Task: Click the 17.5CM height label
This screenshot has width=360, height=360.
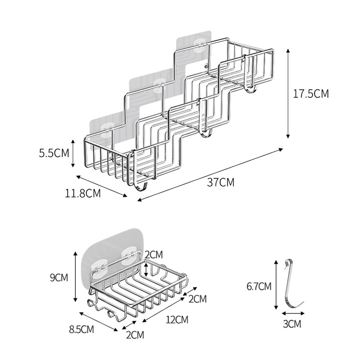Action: pyautogui.click(x=311, y=94)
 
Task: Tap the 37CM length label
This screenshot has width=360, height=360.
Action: pyautogui.click(x=221, y=182)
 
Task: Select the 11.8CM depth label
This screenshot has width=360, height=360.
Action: pyautogui.click(x=83, y=193)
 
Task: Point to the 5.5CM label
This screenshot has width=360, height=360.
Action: pyautogui.click(x=54, y=153)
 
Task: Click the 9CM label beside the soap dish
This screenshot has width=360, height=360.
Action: pyautogui.click(x=59, y=277)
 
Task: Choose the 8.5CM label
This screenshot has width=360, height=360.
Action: pyautogui.click(x=82, y=329)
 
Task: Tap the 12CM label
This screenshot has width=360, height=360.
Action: pyautogui.click(x=177, y=319)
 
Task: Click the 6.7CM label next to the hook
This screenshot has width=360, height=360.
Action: pyautogui.click(x=259, y=286)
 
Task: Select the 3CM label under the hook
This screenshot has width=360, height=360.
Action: pyautogui.click(x=291, y=324)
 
